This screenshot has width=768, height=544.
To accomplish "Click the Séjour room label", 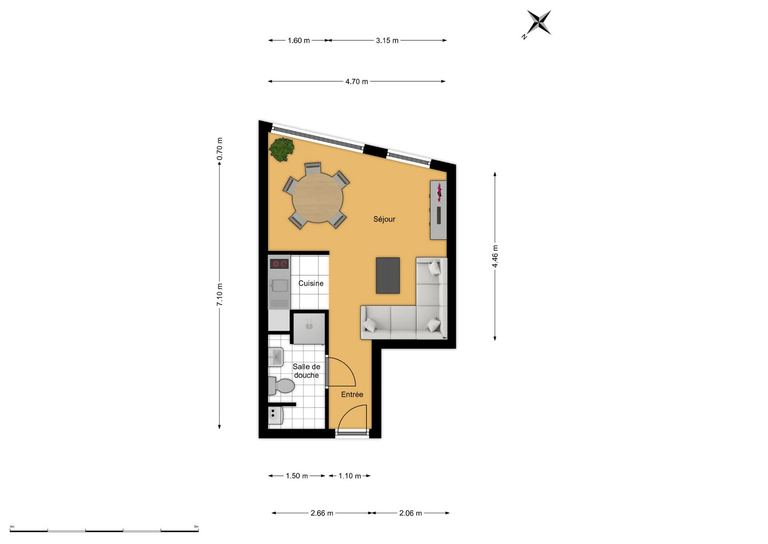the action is point(384,219).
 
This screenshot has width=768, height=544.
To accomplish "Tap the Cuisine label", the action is point(311,283).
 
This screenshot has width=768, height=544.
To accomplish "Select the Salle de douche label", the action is point(306,371).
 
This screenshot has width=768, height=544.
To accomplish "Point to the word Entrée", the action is point(352,395).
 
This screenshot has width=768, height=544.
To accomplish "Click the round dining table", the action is point(317,198).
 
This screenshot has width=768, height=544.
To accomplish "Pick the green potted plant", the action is point(282,149).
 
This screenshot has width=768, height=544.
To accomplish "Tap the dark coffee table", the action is point(388,276).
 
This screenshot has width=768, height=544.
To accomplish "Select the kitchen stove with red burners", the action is point(279,264).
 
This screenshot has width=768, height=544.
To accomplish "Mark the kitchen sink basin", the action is point(279,286).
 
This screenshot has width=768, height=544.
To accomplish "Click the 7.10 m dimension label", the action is point(220,295).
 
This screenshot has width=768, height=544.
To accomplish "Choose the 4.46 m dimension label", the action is point(495,257).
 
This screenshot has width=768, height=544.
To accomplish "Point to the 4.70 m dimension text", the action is point(356,81).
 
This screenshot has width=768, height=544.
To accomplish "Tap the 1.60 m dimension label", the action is point(298,40).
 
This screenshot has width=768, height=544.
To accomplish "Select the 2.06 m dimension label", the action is point(410,513).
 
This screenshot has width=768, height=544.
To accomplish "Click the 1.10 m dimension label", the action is point(350,476).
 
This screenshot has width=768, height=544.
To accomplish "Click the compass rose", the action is point(538,23).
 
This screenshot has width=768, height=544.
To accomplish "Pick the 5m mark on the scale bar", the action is point(196,526).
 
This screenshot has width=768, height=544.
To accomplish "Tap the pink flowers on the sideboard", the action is point(439,192).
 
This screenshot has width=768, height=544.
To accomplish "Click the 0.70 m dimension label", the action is point(220,149).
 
